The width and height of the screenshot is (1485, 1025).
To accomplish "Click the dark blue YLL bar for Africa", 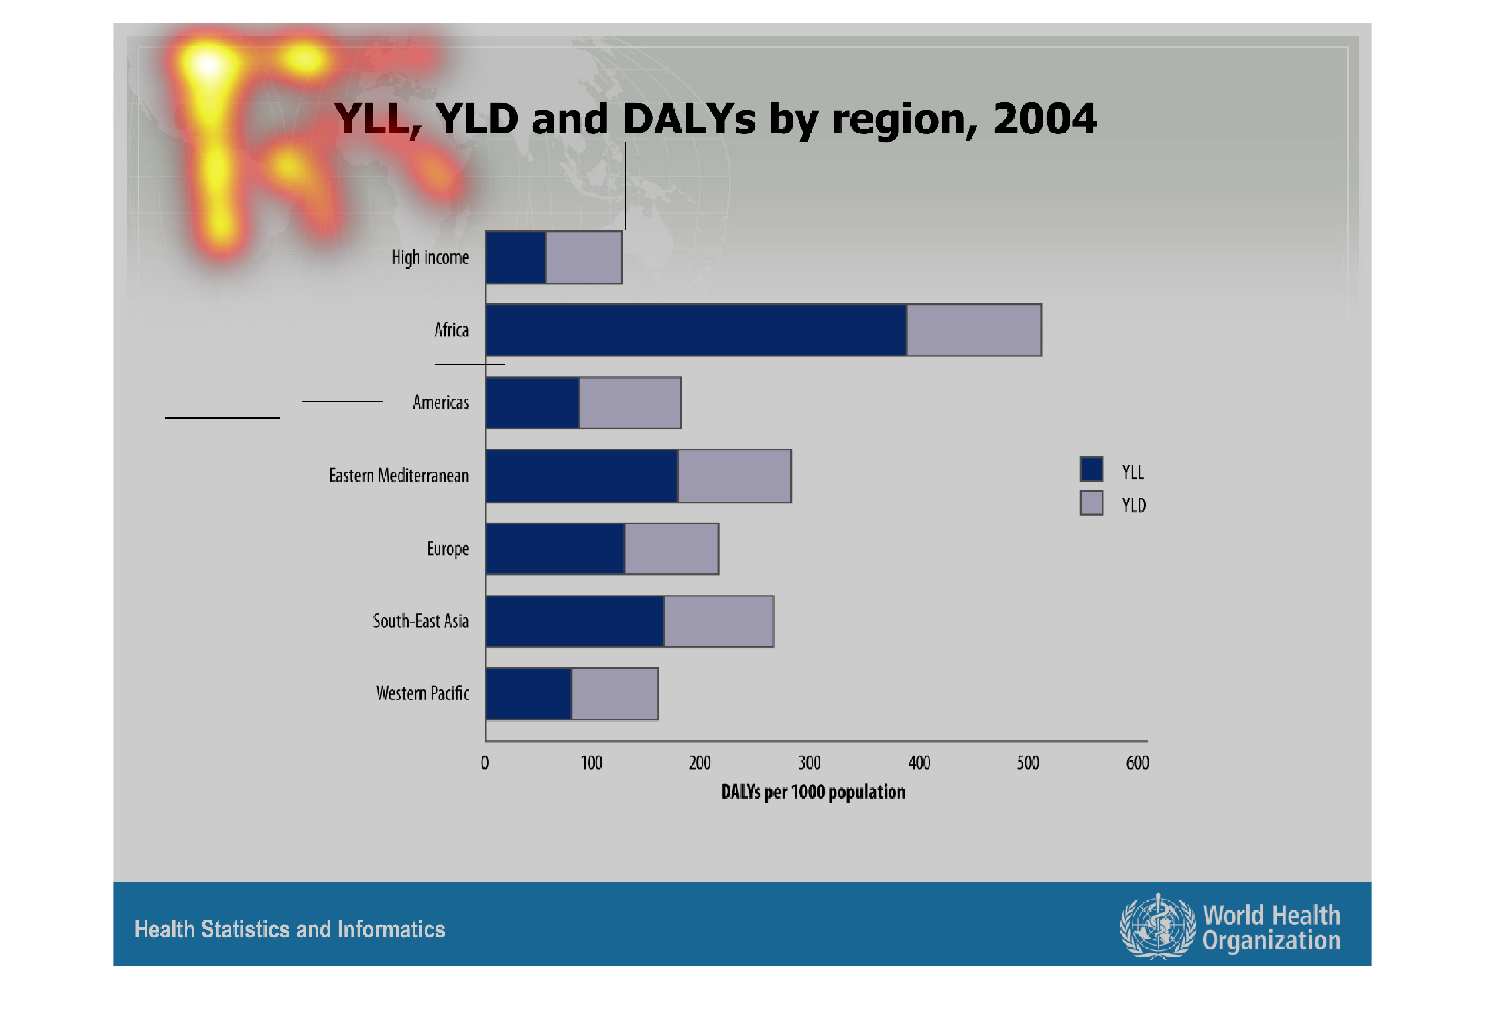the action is tap(696, 330).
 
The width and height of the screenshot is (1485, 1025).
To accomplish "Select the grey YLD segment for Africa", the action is tap(974, 330).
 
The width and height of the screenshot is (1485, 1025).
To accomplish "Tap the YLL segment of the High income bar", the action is tap(515, 258).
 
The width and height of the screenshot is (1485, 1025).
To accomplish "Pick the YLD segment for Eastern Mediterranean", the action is tap(734, 476).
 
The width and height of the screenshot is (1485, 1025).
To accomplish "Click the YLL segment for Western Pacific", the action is tap(528, 694).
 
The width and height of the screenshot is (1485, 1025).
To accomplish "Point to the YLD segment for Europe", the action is tap(671, 549).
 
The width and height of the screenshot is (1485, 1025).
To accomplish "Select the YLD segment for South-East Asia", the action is tap(718, 622).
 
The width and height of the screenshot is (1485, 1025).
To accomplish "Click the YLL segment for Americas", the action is tap(532, 403).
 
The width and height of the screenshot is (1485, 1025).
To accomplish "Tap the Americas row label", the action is tap(441, 403).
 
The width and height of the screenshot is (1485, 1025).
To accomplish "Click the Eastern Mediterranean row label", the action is tap(399, 476).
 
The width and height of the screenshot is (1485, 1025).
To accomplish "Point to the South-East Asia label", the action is tap(421, 622).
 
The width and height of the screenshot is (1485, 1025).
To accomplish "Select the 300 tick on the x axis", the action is tap(810, 763).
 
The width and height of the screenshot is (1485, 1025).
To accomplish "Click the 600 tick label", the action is tap(1138, 763).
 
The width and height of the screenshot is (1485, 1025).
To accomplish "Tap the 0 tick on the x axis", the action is tap(485, 763).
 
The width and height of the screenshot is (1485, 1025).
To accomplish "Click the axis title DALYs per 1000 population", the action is tap(814, 792).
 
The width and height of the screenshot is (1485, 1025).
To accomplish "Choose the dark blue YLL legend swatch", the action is tap(1091, 469).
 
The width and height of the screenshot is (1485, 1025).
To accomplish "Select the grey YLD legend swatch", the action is tap(1091, 503).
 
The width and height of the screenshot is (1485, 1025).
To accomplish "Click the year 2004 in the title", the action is tap(1045, 119).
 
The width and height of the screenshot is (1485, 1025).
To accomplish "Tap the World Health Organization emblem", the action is tap(1157, 927).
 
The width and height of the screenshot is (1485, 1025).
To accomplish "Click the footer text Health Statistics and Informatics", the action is tap(289, 929).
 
